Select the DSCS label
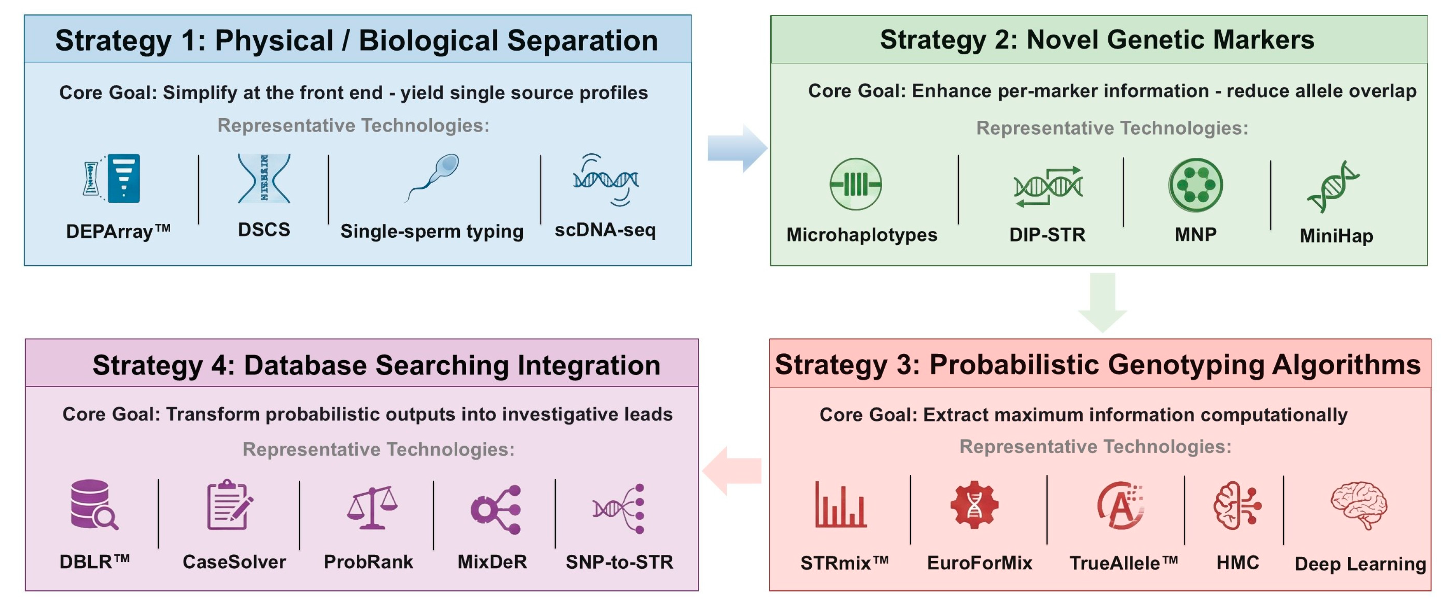(x=264, y=230)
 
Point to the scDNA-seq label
(x=605, y=230)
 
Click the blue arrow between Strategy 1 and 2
(x=736, y=148)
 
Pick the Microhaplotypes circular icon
(x=855, y=184)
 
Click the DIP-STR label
(x=1047, y=234)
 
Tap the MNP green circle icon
(x=1195, y=184)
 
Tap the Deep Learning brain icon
(x=1359, y=504)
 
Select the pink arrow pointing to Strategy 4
(x=732, y=470)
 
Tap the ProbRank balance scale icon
(x=372, y=507)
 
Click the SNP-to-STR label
(x=619, y=562)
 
